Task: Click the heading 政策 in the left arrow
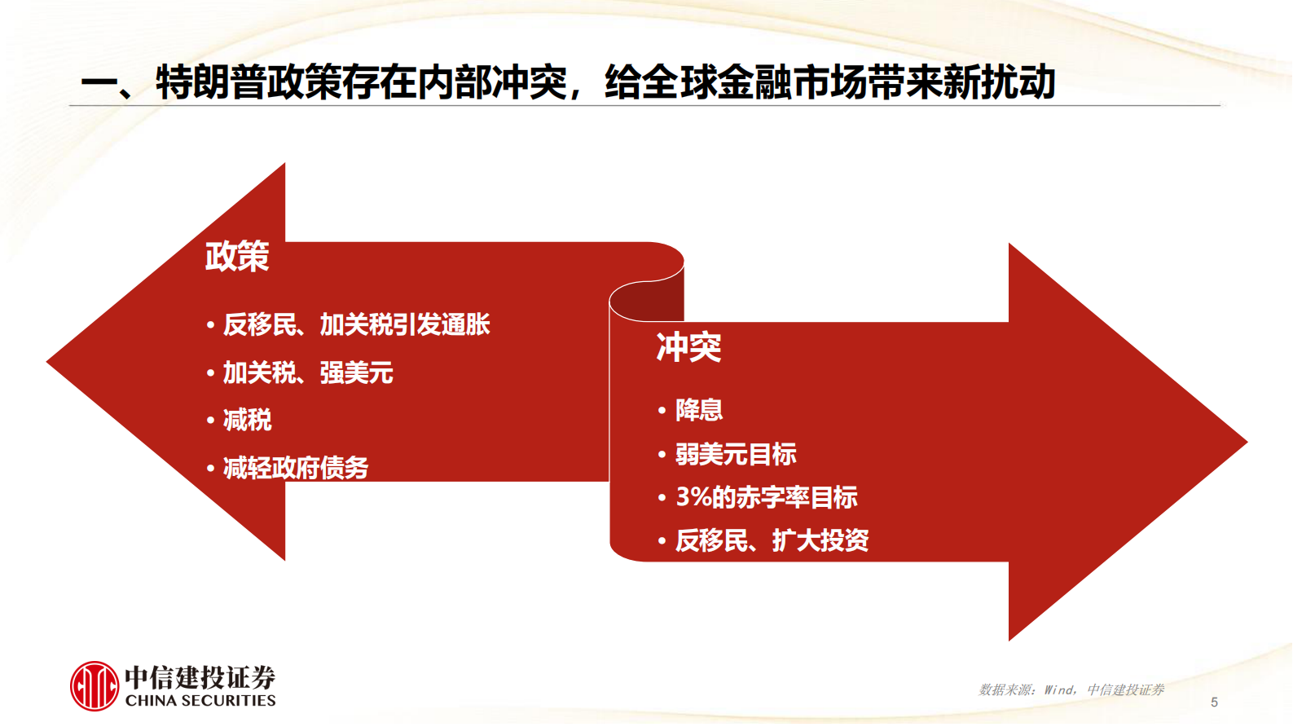(237, 257)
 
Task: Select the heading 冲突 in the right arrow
(688, 348)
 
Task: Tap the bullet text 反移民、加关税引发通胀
(356, 325)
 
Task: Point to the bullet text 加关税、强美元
(308, 373)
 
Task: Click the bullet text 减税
(248, 421)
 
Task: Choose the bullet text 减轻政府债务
(296, 469)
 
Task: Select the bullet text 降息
(699, 410)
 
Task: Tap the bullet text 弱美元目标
(736, 454)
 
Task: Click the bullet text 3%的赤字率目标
(767, 497)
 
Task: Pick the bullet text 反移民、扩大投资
(772, 540)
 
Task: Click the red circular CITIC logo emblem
(95, 686)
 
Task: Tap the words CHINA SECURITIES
(200, 701)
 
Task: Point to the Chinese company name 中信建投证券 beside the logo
(200, 676)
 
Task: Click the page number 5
(1214, 702)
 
